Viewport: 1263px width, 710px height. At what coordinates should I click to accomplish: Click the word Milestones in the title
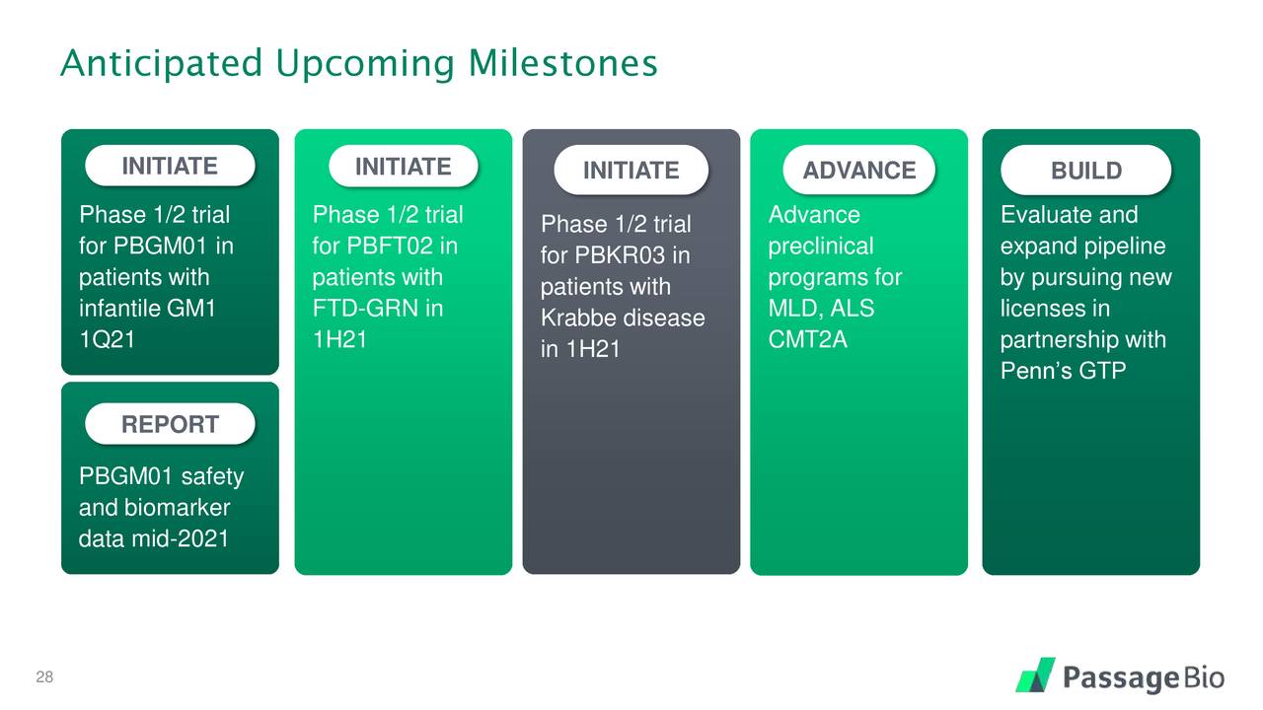pos(562,64)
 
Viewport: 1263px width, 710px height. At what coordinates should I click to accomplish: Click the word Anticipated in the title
pos(160,64)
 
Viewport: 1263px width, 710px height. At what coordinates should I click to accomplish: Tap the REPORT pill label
pos(170,425)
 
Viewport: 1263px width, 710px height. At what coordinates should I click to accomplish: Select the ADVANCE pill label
pos(859,171)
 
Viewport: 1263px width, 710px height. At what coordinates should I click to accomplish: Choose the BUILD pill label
pos(1086,171)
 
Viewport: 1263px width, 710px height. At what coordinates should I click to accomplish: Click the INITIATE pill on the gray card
pos(631,171)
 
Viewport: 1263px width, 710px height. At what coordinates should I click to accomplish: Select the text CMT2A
pos(808,340)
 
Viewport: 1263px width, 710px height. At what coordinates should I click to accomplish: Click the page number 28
pos(43,677)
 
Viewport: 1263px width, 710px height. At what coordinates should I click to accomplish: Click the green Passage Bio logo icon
pos(1035,675)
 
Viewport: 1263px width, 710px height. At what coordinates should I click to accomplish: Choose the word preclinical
pos(821,246)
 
